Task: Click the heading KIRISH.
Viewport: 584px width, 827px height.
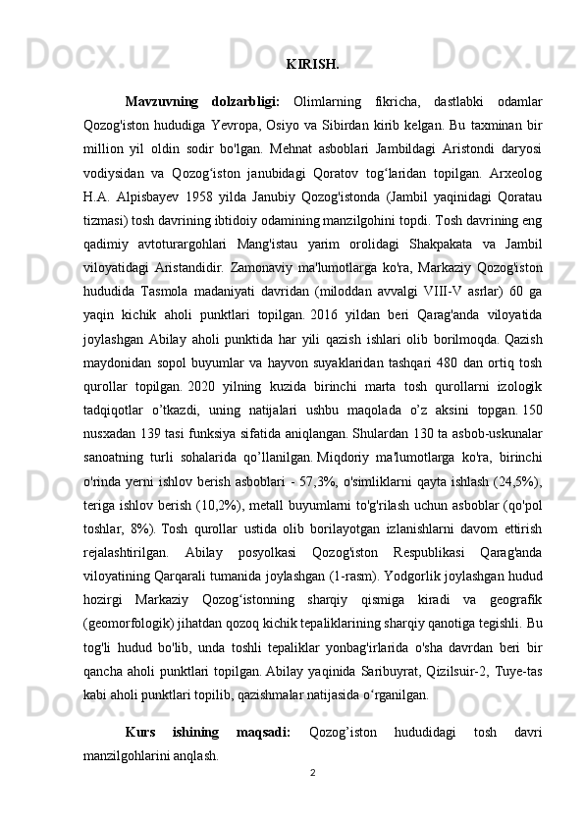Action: pyautogui.click(x=313, y=66)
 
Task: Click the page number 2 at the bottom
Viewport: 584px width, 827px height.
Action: pyautogui.click(x=311, y=772)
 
